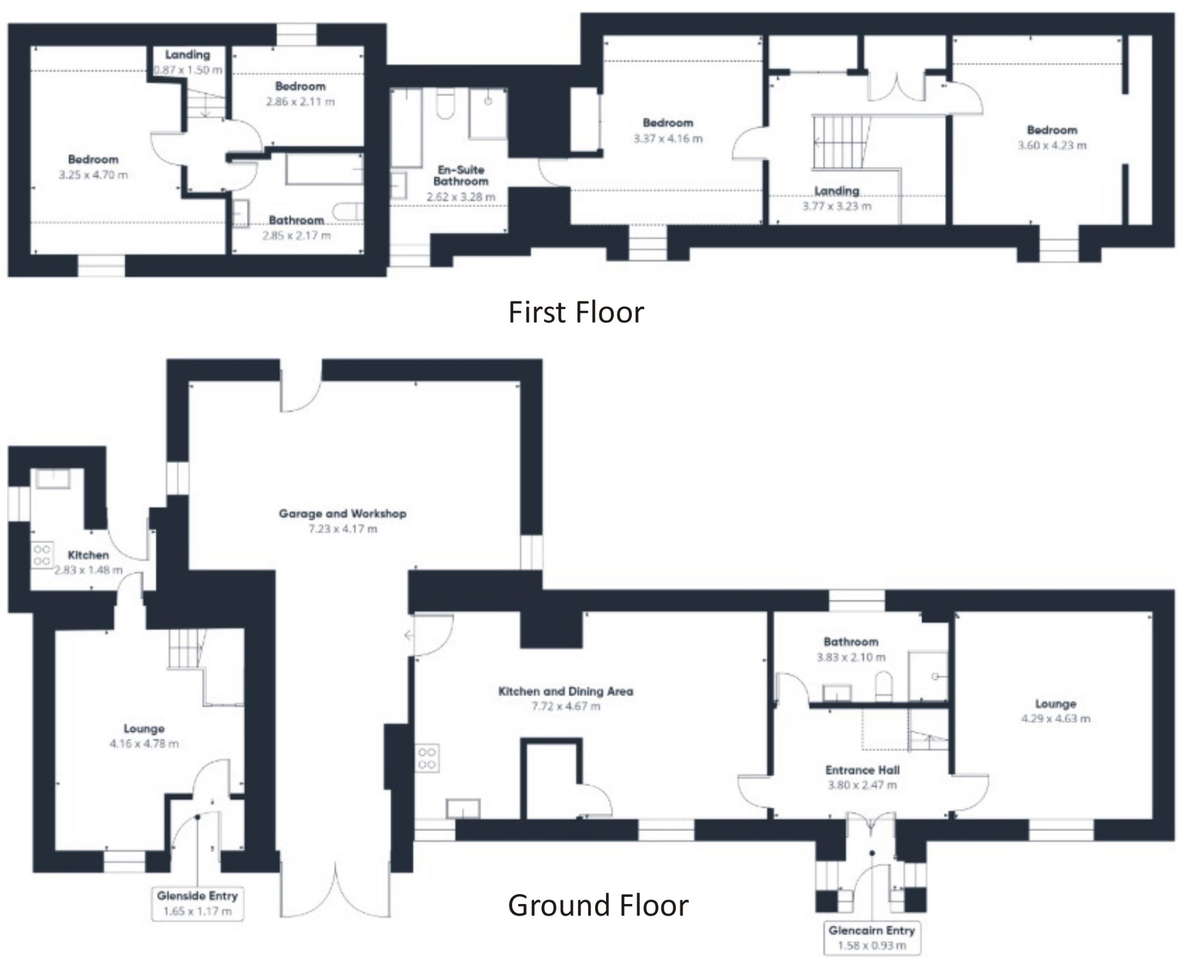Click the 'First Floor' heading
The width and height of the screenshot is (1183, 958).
tap(575, 312)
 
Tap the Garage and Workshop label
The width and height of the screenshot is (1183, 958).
tap(342, 514)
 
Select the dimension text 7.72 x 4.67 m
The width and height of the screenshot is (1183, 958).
tap(565, 706)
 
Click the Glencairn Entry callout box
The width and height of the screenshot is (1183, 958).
tap(871, 938)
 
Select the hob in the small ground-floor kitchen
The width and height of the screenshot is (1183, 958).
tap(42, 555)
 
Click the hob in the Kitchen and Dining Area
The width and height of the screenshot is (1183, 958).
tap(427, 758)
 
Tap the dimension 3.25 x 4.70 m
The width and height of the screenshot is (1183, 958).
tap(93, 176)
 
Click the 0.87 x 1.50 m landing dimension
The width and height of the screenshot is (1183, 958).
tap(187, 70)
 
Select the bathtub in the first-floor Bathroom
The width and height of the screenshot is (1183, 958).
tap(324, 169)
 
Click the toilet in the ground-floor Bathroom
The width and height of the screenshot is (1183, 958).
tap(883, 686)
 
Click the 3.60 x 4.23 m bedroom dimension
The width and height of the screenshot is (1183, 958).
tap(1051, 146)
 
